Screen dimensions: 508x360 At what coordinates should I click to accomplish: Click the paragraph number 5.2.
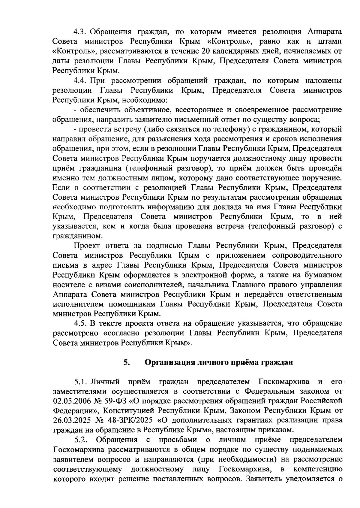(81, 440)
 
